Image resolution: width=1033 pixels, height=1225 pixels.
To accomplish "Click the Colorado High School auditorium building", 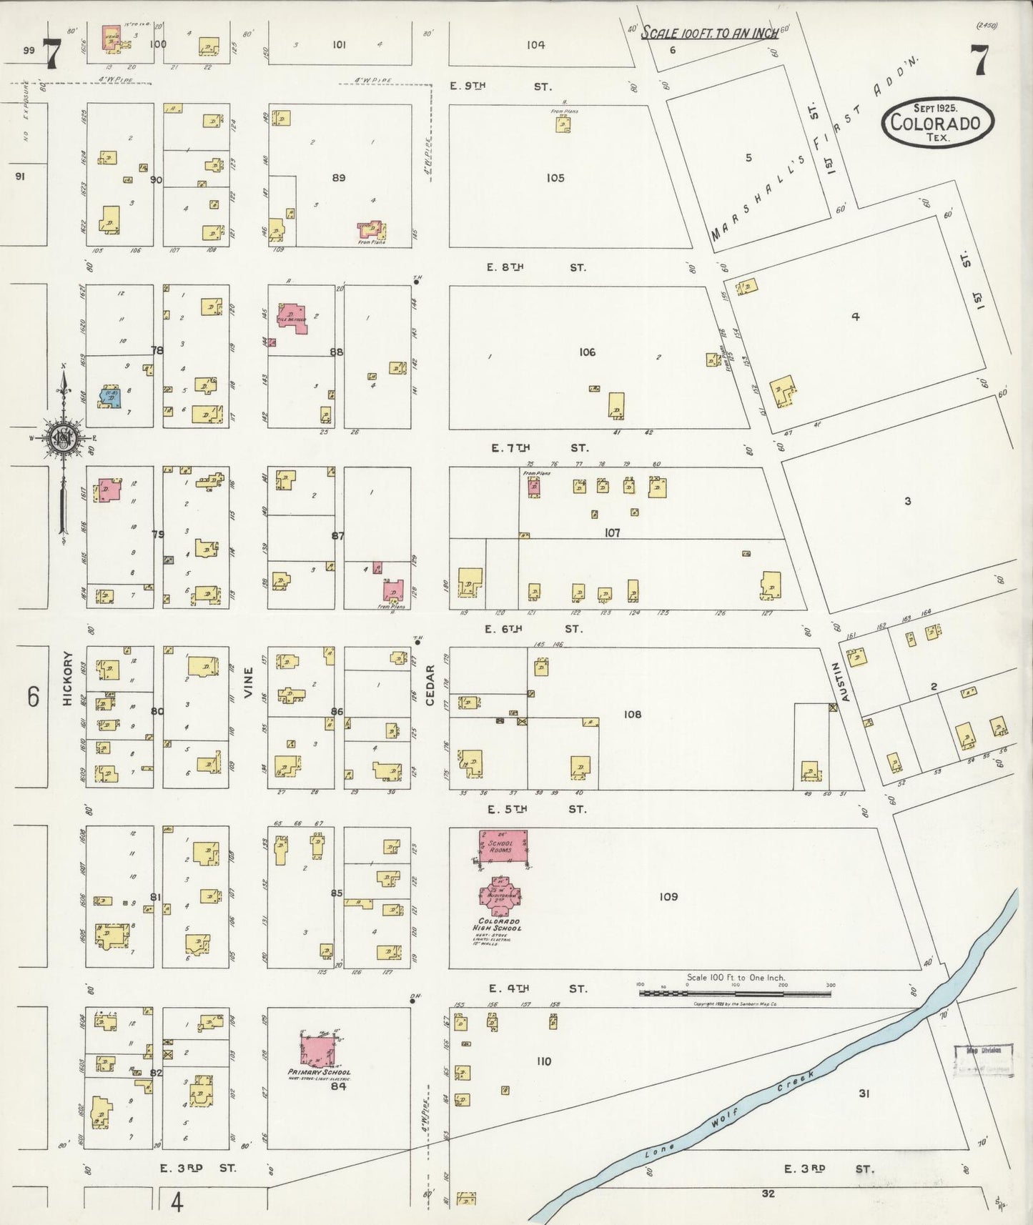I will click(500, 896).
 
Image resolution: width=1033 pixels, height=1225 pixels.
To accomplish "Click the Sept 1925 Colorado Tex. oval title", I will click(937, 121).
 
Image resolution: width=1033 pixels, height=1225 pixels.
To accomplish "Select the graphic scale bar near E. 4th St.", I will click(735, 993).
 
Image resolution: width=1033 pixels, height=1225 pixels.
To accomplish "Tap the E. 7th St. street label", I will click(540, 448).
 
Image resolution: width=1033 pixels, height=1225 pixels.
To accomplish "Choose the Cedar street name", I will click(430, 685).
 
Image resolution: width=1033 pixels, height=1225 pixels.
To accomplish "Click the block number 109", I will click(668, 896).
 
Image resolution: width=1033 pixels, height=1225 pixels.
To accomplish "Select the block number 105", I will click(555, 178).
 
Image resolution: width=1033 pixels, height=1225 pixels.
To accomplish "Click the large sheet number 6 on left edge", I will click(34, 696).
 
